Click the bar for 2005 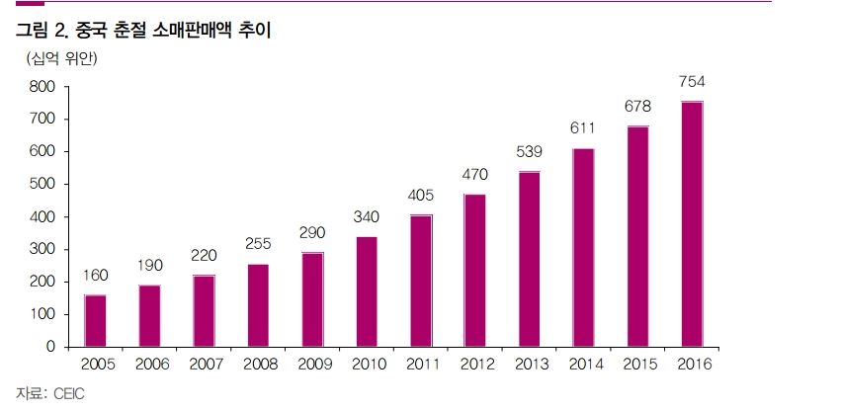point(96,320)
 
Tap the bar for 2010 point(366,291)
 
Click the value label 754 point(691,82)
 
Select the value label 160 point(96,275)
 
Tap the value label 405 point(420,195)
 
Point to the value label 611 point(583,127)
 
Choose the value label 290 point(312,232)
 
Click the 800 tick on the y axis point(42,87)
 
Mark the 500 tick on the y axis point(42,185)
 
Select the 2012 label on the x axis point(474,364)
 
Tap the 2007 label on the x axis point(204,364)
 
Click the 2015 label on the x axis point(637,364)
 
